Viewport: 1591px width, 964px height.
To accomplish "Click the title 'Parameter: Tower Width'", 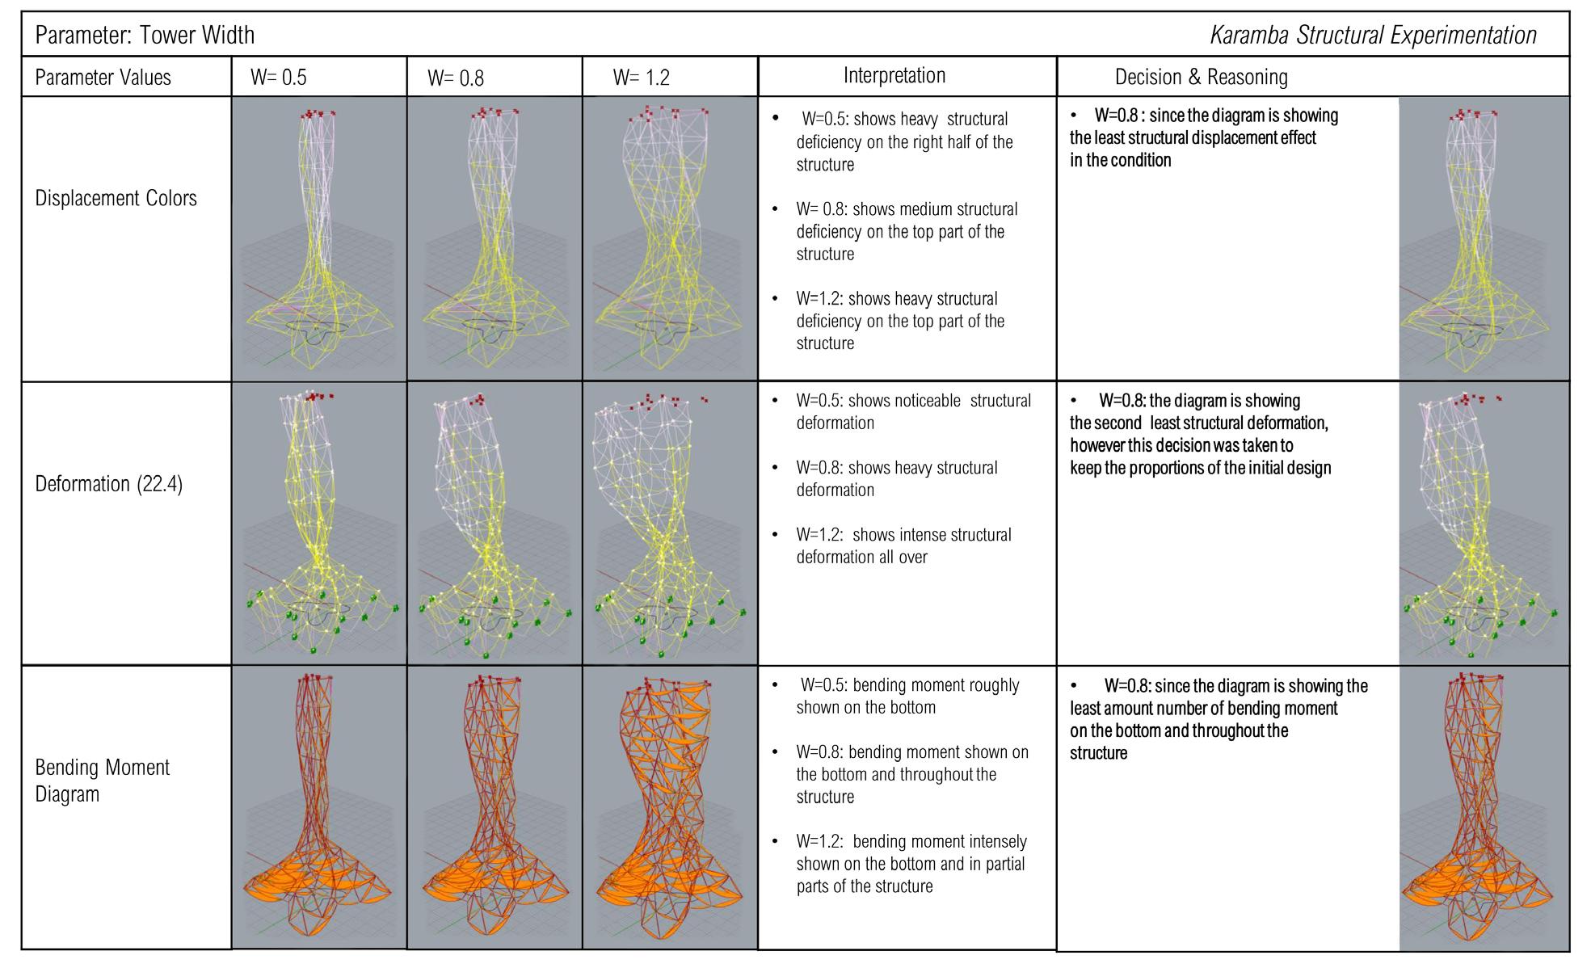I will tap(145, 35).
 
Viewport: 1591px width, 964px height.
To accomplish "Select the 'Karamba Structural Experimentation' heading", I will tap(1373, 35).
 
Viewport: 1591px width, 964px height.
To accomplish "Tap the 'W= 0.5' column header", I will tap(279, 78).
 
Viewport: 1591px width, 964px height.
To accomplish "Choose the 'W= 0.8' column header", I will tap(456, 78).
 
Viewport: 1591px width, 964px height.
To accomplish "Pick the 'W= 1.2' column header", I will tap(642, 78).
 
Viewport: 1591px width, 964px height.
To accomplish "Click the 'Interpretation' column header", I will tap(894, 75).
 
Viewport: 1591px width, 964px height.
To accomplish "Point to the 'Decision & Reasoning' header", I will tap(1201, 77).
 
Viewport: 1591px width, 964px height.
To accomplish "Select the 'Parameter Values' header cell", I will tap(103, 78).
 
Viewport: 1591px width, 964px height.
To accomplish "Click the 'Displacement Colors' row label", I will tap(116, 198).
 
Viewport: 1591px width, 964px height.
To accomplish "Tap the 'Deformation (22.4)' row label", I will tap(109, 484).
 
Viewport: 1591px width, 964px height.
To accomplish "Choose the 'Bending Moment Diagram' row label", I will tap(103, 781).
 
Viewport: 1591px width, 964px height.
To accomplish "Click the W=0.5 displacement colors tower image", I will tap(319, 238).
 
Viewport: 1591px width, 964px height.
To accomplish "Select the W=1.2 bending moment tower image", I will tap(670, 807).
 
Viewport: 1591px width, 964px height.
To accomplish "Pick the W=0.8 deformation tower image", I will tap(495, 524).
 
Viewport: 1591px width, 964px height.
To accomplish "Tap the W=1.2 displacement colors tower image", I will tap(670, 238).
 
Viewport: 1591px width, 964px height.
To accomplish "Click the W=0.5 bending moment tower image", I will tap(319, 807).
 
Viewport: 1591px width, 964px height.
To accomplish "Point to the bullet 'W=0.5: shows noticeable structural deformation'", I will tap(913, 411).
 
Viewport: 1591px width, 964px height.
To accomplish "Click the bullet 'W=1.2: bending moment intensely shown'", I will tap(911, 863).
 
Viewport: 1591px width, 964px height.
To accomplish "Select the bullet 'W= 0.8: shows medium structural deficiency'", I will tap(906, 231).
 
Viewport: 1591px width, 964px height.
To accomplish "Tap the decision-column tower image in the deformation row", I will tap(1484, 524).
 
